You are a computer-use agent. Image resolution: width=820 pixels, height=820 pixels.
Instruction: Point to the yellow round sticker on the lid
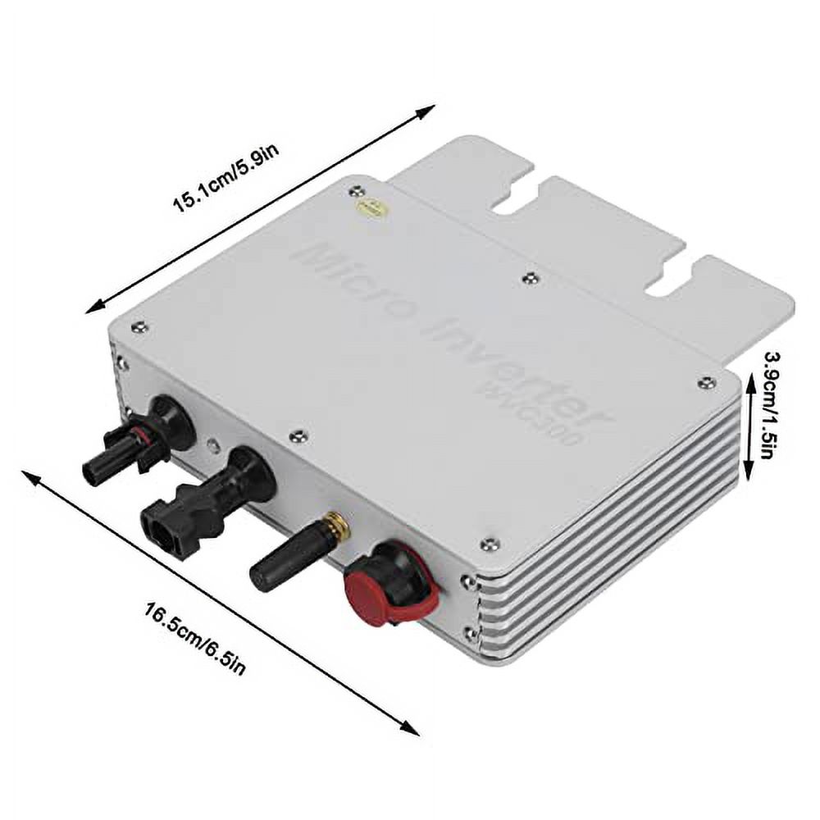point(371,207)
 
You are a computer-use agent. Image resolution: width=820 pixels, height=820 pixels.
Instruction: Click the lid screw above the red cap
point(490,544)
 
